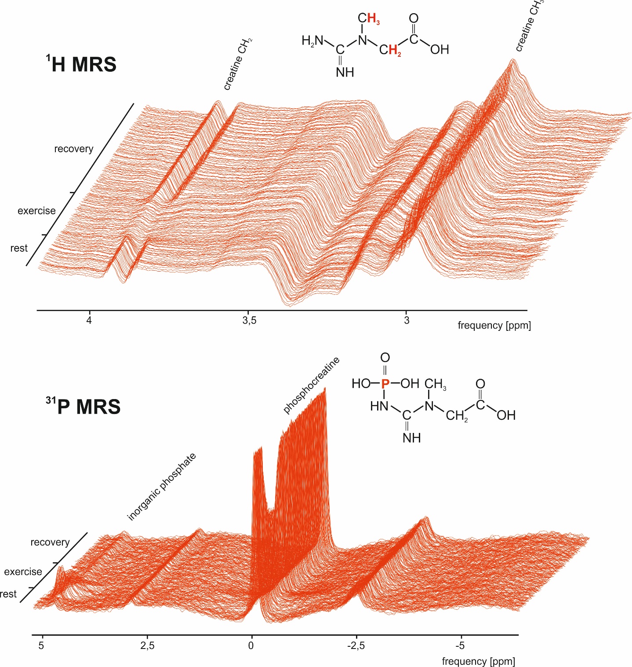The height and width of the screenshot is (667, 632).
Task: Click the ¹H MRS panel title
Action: point(81,64)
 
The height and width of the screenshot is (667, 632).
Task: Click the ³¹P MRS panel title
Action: point(83,406)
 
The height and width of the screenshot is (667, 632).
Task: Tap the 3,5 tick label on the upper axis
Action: point(249,320)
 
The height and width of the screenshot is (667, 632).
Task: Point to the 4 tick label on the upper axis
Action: point(89,320)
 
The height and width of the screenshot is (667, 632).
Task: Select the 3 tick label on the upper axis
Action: point(407,320)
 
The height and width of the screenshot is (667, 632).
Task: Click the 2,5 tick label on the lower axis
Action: point(147,645)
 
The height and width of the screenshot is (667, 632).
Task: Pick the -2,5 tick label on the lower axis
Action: point(356,645)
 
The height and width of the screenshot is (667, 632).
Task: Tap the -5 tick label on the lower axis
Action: point(460,645)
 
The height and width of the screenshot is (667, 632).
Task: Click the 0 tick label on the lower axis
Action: point(251,645)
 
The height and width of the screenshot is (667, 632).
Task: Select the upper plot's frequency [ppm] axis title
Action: point(494,326)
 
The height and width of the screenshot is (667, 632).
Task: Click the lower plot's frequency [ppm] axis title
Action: point(478,661)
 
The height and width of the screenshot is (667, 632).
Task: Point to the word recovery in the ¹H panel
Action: point(74,149)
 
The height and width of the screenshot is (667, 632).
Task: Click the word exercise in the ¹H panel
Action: point(36,211)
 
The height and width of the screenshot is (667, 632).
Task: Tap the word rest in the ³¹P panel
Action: point(8,594)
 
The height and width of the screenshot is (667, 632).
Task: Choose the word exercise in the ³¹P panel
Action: point(23,572)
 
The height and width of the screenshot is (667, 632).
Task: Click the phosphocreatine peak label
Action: point(311,385)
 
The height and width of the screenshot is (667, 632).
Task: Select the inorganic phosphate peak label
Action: point(161,487)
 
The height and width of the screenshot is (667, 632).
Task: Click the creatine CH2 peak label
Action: point(237,65)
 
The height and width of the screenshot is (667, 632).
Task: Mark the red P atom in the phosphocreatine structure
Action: point(385,384)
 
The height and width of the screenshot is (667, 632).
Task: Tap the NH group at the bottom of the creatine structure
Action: point(345,72)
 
